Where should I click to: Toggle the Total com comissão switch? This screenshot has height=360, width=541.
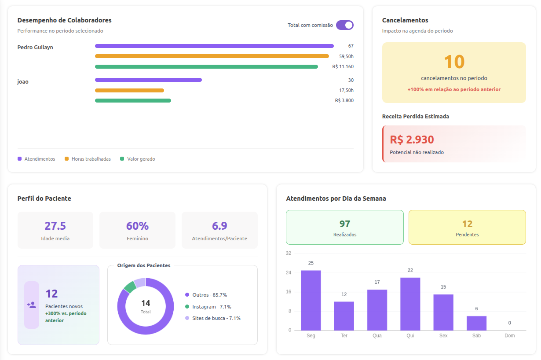pyautogui.click(x=345, y=25)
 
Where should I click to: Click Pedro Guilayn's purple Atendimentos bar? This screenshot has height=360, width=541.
pyautogui.click(x=214, y=46)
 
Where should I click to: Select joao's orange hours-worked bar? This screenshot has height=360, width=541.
pyautogui.click(x=129, y=90)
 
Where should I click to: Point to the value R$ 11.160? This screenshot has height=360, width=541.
pyautogui.click(x=343, y=66)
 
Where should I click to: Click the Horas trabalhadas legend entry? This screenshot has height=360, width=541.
pyautogui.click(x=88, y=159)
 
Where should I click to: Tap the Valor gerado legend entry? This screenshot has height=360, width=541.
pyautogui.click(x=138, y=159)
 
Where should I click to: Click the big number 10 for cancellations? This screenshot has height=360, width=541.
pyautogui.click(x=454, y=62)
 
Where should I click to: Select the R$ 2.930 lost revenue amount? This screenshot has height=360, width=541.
pyautogui.click(x=412, y=140)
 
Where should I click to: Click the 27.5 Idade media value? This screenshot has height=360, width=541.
pyautogui.click(x=55, y=226)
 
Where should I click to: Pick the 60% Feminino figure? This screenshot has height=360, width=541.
pyautogui.click(x=137, y=226)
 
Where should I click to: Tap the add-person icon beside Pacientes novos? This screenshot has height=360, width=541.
pyautogui.click(x=32, y=305)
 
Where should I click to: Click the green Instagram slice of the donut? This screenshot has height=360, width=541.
pyautogui.click(x=130, y=287)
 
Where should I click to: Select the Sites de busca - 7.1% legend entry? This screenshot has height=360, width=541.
pyautogui.click(x=213, y=318)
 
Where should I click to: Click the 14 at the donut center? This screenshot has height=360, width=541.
pyautogui.click(x=146, y=303)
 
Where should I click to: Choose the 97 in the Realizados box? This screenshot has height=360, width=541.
pyautogui.click(x=345, y=224)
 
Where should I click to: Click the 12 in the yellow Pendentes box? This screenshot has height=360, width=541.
pyautogui.click(x=467, y=224)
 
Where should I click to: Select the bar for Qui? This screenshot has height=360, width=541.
pyautogui.click(x=410, y=304)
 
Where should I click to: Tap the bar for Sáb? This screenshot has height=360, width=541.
pyautogui.click(x=476, y=323)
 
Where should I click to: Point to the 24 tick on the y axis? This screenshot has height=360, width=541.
pyautogui.click(x=289, y=272)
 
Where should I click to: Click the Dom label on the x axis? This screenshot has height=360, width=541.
pyautogui.click(x=509, y=335)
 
